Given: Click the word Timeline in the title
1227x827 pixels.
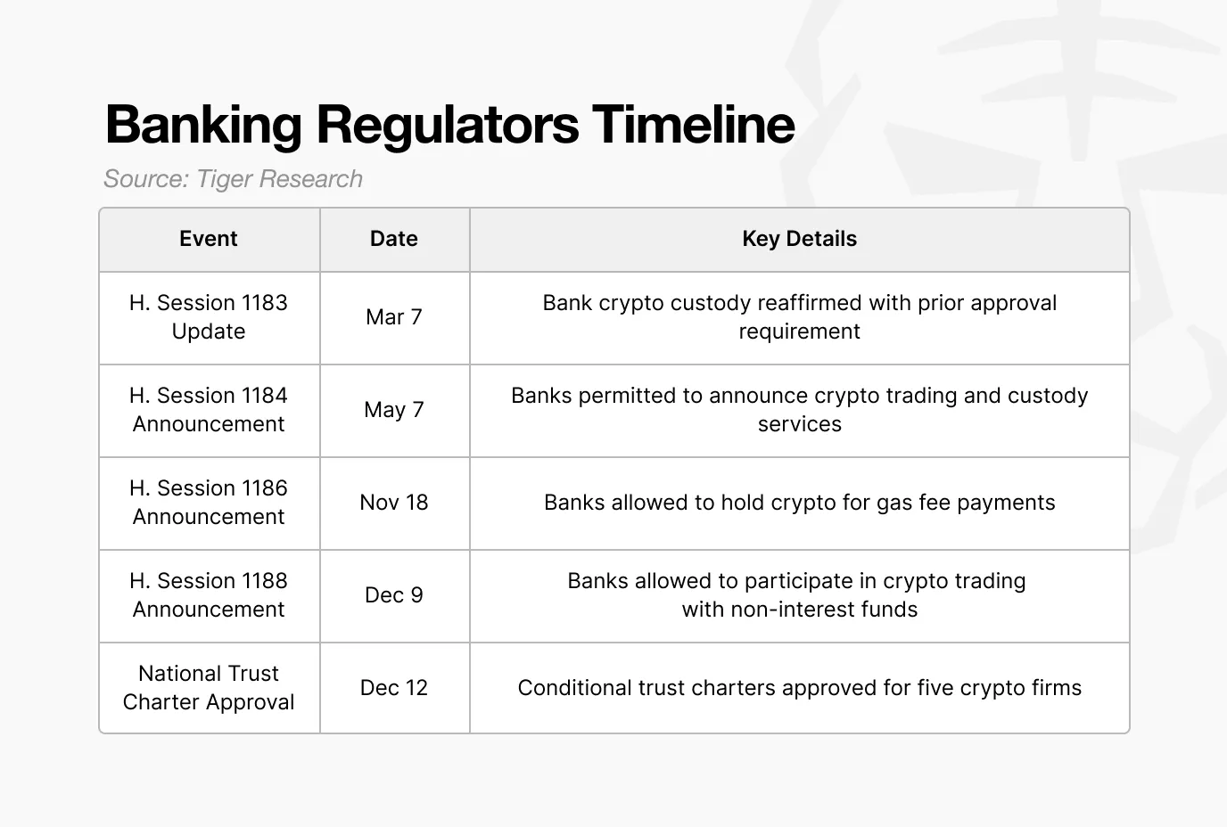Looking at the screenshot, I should (693, 124).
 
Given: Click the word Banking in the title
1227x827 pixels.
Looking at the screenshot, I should (202, 124).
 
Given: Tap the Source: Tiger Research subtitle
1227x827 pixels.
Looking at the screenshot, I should (233, 179).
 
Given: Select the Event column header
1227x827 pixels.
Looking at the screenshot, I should (209, 239).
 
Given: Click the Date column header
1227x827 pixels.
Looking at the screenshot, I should (394, 239).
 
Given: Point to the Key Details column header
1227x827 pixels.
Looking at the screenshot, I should (799, 239).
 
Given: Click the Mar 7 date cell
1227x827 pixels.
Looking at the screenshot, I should (394, 317).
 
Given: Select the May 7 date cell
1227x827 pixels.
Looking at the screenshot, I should (394, 410).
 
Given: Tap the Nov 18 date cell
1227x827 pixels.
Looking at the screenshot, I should (394, 503).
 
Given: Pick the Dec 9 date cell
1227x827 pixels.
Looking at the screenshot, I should (394, 595).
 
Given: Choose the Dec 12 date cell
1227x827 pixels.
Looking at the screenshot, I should (394, 688).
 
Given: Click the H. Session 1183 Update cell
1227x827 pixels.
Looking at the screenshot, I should (209, 317).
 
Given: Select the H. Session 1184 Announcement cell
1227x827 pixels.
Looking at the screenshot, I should (209, 410).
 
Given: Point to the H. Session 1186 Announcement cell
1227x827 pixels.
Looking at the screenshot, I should (209, 503).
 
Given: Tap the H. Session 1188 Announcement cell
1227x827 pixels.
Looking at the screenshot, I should (209, 595).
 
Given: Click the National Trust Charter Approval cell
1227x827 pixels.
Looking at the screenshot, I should (209, 688).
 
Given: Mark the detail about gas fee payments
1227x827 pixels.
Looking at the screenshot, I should (799, 503).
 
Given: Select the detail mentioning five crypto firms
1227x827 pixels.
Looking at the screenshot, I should (799, 688).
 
